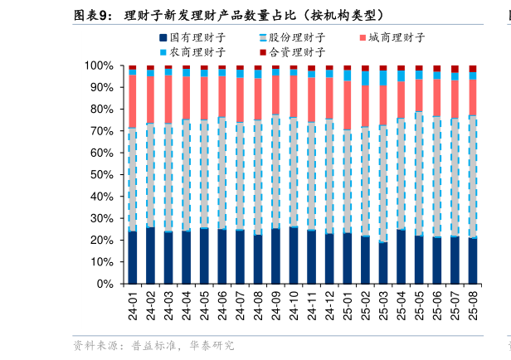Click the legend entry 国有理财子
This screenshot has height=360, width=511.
[x=196, y=37]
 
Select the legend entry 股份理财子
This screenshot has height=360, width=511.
[x=296, y=37]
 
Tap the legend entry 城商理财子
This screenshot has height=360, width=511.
[x=396, y=37]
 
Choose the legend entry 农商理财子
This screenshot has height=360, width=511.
[x=196, y=51]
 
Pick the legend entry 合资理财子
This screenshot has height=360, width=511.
[x=296, y=51]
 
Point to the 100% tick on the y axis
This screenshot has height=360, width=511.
[x=99, y=66]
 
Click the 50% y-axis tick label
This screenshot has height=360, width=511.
[x=102, y=175]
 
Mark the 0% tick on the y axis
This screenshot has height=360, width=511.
[x=105, y=284]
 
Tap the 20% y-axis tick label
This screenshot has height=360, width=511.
[x=102, y=241]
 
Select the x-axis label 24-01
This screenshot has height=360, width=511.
[x=133, y=305]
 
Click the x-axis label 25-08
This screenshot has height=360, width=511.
[x=473, y=305]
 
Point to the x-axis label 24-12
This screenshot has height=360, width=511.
[x=329, y=305]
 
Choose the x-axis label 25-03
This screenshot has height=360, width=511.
[x=383, y=305]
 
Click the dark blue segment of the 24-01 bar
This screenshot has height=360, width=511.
[x=133, y=257]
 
